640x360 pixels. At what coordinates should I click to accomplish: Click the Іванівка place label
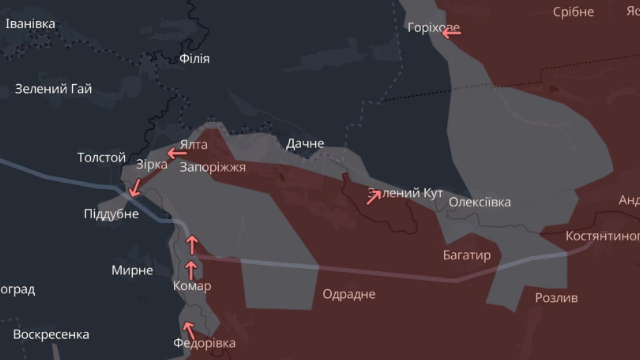click(30, 24)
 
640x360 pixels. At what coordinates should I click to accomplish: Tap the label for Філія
click(195, 59)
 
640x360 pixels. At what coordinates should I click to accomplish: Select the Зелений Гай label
click(53, 89)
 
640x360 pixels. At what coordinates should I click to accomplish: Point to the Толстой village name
click(101, 157)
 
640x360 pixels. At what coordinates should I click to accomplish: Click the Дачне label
click(305, 144)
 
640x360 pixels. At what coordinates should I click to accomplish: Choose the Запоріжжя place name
click(213, 167)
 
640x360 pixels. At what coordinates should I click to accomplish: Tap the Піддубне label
click(111, 214)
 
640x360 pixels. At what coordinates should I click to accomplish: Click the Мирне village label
click(132, 270)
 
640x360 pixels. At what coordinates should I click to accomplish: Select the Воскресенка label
click(51, 335)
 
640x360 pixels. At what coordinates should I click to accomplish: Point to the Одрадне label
click(349, 294)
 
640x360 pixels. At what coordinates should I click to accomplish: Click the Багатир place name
click(467, 255)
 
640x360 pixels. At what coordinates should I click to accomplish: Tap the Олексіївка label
click(480, 202)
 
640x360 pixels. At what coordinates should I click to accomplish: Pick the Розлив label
click(556, 298)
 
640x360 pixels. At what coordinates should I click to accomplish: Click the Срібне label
click(573, 12)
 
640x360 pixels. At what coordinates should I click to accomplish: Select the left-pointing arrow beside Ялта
click(177, 154)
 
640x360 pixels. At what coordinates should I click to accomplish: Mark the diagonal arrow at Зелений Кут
click(374, 197)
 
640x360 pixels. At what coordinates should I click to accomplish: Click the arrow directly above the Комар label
click(191, 270)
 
